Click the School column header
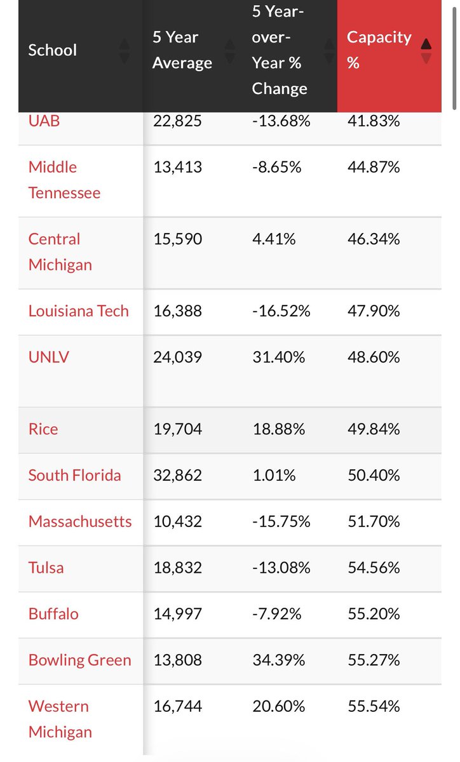coord(53,50)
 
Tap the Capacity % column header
coord(379,50)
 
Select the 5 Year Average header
coord(182,50)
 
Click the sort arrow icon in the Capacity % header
coord(426,51)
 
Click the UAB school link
coord(44,121)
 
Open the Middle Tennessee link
coord(64,180)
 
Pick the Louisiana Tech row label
coord(78,311)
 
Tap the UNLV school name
coord(49,357)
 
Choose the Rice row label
coord(43,429)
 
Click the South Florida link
coord(74,475)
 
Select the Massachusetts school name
coord(80,521)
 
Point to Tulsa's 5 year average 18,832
coord(177,568)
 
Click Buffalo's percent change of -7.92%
coord(276,614)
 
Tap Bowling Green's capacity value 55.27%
coord(374,660)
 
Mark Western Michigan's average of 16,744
coord(177,707)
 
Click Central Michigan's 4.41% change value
coord(274,239)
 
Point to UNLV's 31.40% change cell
coord(278,357)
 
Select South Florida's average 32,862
coord(177,475)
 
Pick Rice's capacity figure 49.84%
coord(374,429)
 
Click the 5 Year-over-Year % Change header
coord(280,50)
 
